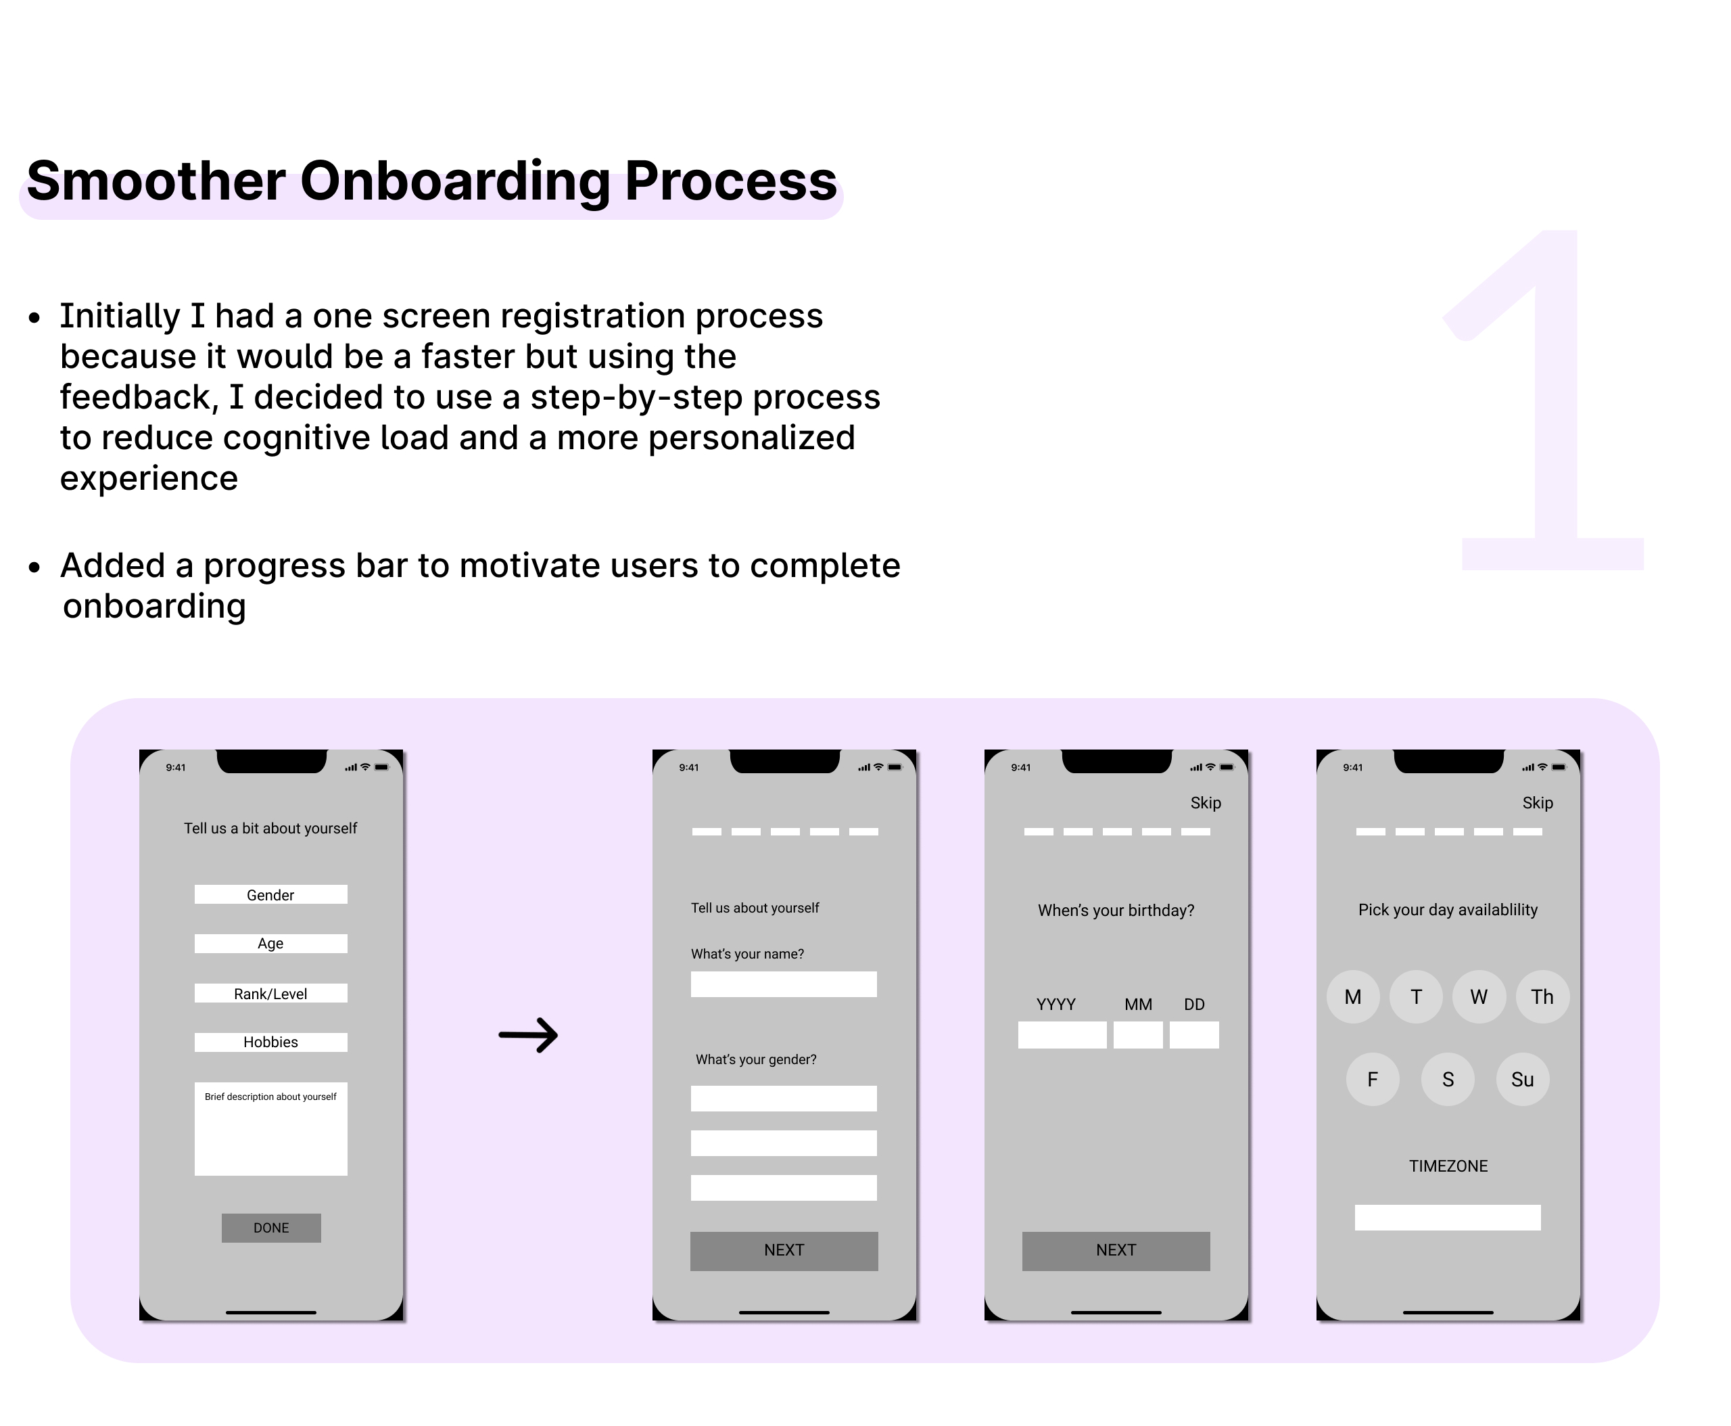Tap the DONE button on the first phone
pos(271,1228)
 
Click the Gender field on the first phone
pos(271,894)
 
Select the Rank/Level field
pos(271,993)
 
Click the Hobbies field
pos(271,1042)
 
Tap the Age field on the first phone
pos(271,944)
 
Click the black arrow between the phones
pos(528,1035)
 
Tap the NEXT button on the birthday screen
pos(1116,1251)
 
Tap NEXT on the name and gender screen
pos(784,1251)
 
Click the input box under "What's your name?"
pos(784,984)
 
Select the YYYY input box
pos(1062,1035)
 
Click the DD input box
pos(1194,1035)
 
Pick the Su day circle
pos(1523,1080)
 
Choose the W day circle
pos(1479,996)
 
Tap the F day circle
pos(1372,1080)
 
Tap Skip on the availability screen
pos(1537,802)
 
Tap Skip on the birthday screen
pos(1206,802)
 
